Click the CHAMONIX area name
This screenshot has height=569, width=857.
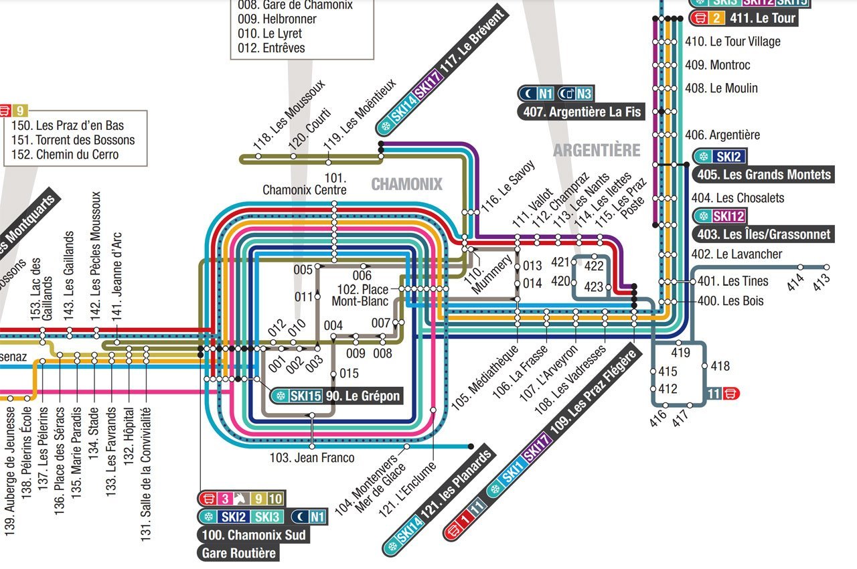pyautogui.click(x=406, y=184)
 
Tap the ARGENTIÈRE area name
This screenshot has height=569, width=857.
pyautogui.click(x=597, y=150)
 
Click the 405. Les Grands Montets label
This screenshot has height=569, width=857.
pyautogui.click(x=763, y=175)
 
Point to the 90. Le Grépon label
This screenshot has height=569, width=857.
pyautogui.click(x=363, y=396)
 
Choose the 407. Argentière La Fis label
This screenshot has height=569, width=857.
pyautogui.click(x=581, y=112)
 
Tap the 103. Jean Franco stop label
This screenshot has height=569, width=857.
pyautogui.click(x=312, y=459)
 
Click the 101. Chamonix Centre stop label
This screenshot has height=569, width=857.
pyautogui.click(x=305, y=184)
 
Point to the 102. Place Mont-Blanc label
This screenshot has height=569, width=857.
pyautogui.click(x=360, y=295)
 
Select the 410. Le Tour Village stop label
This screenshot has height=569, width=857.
pyautogui.click(x=732, y=42)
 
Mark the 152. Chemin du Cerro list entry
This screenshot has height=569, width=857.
pyautogui.click(x=65, y=155)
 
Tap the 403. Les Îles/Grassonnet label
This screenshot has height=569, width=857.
pyautogui.click(x=763, y=234)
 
